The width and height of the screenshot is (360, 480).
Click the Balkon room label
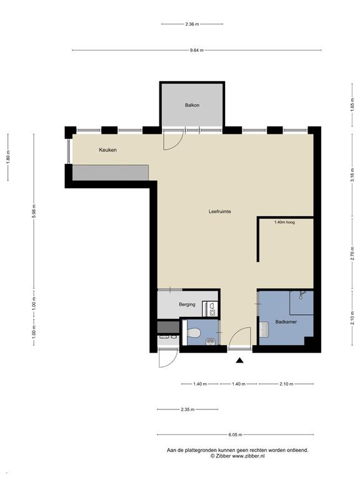192,105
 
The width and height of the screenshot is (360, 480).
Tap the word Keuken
107,150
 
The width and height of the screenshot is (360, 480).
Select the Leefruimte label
220,211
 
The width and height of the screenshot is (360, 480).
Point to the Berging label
187,304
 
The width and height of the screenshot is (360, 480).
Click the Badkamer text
286,322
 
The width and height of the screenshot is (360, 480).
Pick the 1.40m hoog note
284,222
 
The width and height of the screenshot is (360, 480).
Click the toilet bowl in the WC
194,332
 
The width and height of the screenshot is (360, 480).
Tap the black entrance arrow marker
239,359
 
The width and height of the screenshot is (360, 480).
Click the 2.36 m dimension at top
192,24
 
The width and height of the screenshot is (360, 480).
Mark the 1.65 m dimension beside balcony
352,106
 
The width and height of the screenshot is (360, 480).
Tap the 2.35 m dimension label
187,410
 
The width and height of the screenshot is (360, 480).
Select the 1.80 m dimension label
8,158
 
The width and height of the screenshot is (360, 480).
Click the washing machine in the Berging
212,306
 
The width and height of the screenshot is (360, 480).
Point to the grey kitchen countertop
111,172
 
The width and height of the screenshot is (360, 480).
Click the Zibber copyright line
237,456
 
